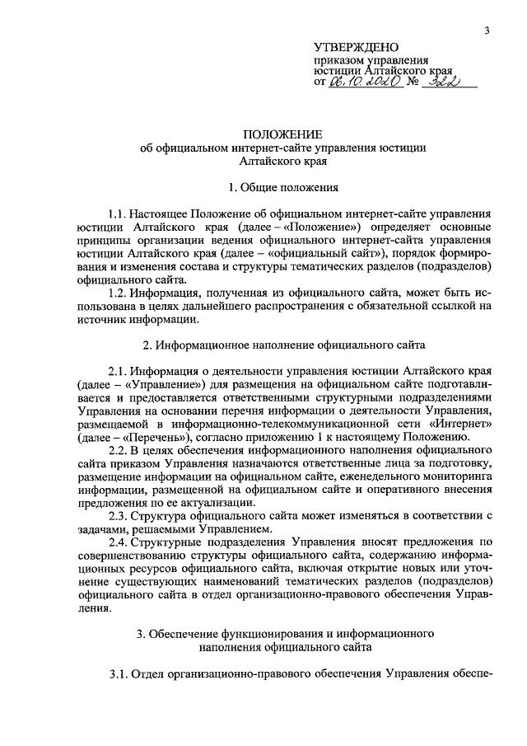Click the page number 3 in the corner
[487, 30]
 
